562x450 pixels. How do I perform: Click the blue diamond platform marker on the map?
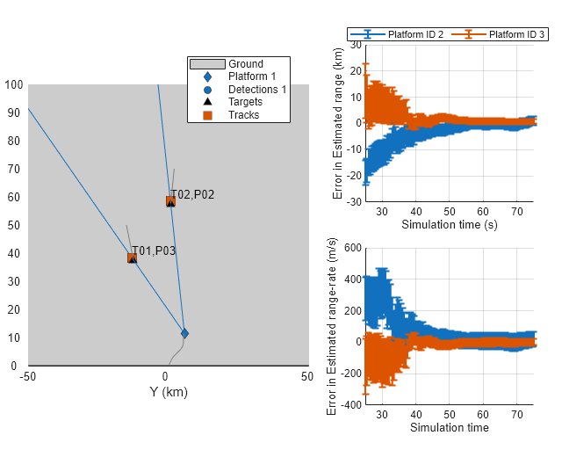point(184,333)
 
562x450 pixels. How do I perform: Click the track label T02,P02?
point(193,194)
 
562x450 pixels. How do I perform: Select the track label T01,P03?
point(154,250)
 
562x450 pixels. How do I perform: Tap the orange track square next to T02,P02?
point(170,201)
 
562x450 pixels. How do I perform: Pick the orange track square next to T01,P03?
point(132,258)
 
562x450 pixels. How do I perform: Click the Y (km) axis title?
point(169,392)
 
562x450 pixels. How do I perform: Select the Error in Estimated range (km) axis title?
point(338,123)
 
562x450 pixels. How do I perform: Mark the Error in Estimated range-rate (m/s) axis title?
point(332,327)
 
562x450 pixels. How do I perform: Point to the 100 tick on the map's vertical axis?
point(13,85)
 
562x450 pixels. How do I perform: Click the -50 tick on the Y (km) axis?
point(28,377)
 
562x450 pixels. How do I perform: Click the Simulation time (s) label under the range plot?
point(449,224)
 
